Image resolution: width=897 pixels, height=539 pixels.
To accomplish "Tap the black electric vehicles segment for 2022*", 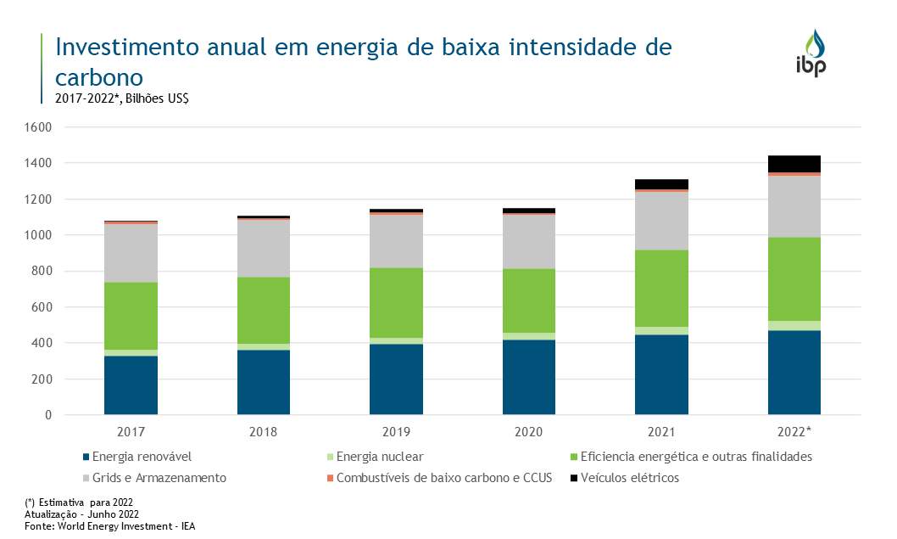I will [794, 164].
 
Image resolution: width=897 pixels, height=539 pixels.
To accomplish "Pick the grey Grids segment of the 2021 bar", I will [661, 221].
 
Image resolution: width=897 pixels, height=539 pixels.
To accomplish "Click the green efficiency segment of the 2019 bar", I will [396, 302].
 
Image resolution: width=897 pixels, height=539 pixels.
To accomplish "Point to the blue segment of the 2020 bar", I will [528, 377].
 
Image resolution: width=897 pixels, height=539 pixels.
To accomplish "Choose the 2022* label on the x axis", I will [794, 432].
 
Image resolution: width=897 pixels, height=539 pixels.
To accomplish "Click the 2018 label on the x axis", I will [263, 432].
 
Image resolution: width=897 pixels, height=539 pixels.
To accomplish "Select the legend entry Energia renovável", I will [141, 457].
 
